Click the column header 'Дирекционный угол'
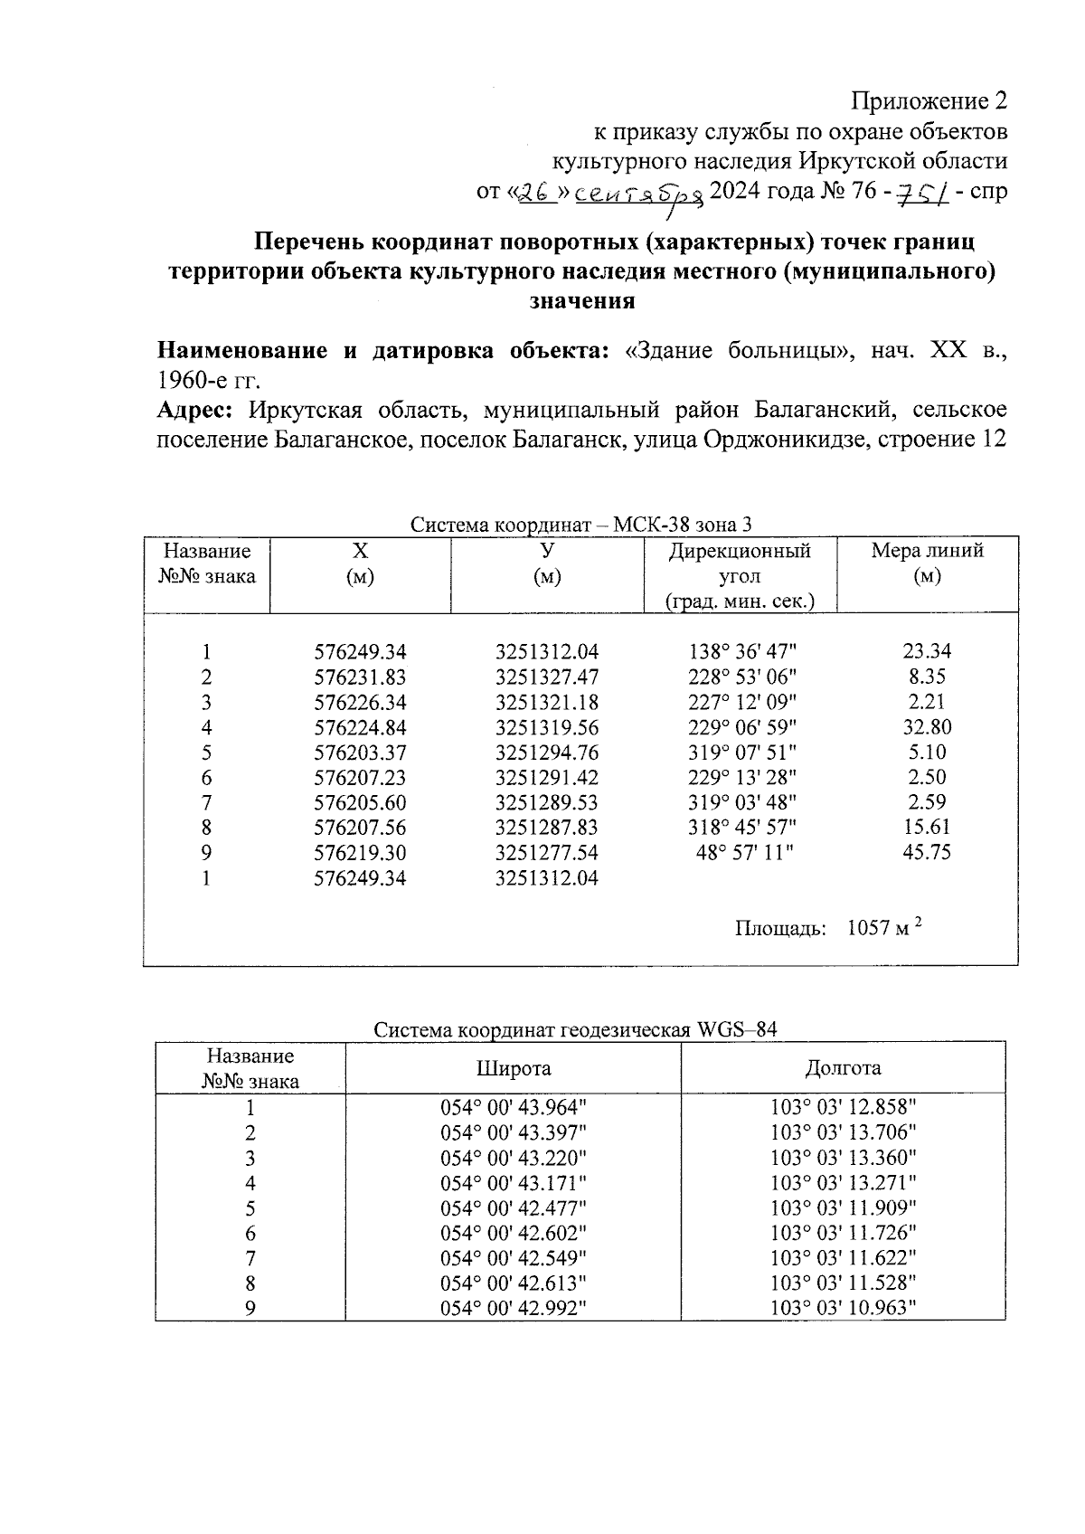[x=740, y=563]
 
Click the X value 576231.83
[x=360, y=677]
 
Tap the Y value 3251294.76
[x=547, y=753]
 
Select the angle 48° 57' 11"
[x=741, y=852]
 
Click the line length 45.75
[x=927, y=852]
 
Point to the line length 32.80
[x=927, y=727]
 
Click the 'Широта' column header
[x=514, y=1068]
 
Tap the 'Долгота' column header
[x=843, y=1068]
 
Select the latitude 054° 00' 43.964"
[x=514, y=1108]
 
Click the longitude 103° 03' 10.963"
[x=843, y=1308]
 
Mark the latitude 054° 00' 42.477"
[x=514, y=1208]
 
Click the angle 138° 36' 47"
[x=741, y=652]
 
